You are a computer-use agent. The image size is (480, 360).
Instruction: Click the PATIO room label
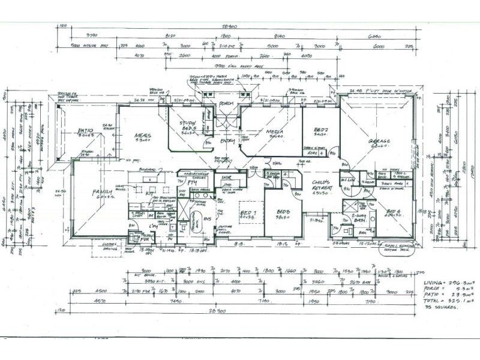88,130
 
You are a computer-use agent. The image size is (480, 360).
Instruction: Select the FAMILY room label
103,192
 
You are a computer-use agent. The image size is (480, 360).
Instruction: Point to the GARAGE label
379,142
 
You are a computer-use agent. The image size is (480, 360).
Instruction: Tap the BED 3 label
283,212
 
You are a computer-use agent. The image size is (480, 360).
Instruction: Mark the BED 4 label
393,211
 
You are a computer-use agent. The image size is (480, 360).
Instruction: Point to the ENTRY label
227,141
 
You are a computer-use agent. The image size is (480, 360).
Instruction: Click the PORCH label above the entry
226,103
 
